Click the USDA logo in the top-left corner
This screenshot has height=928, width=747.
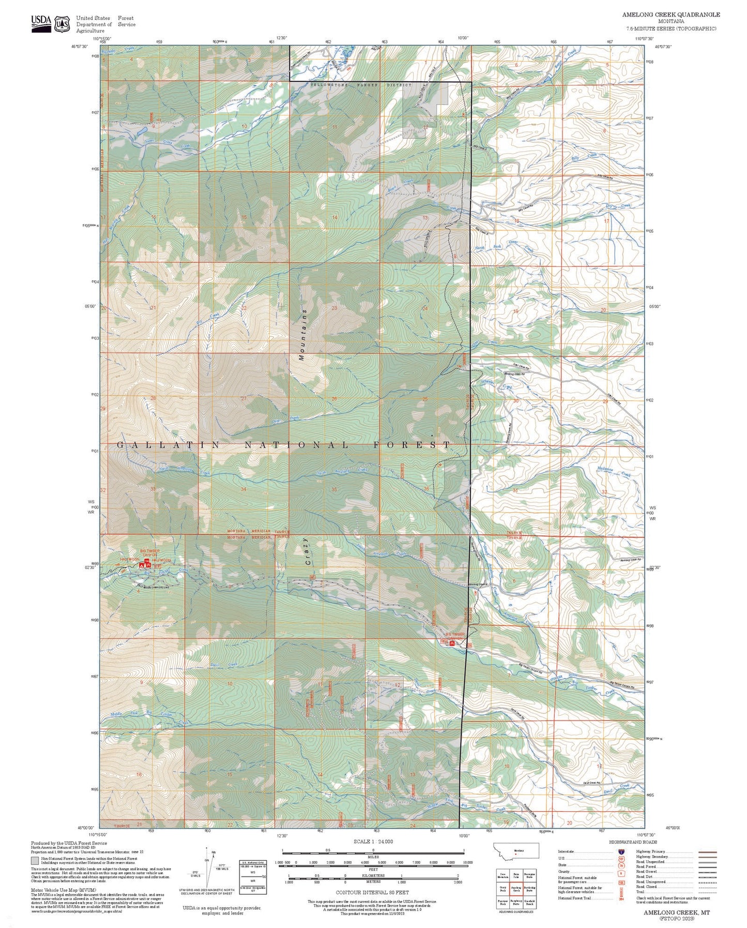tap(41, 23)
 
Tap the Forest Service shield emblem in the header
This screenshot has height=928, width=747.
tap(63, 24)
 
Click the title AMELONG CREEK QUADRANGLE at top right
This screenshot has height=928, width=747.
tap(670, 14)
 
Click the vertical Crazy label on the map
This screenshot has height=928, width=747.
tap(306, 551)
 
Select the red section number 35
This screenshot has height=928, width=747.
tap(334, 489)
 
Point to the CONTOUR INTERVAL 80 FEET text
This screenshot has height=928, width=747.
tap(372, 892)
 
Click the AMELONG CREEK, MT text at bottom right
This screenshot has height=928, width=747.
tap(676, 912)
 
